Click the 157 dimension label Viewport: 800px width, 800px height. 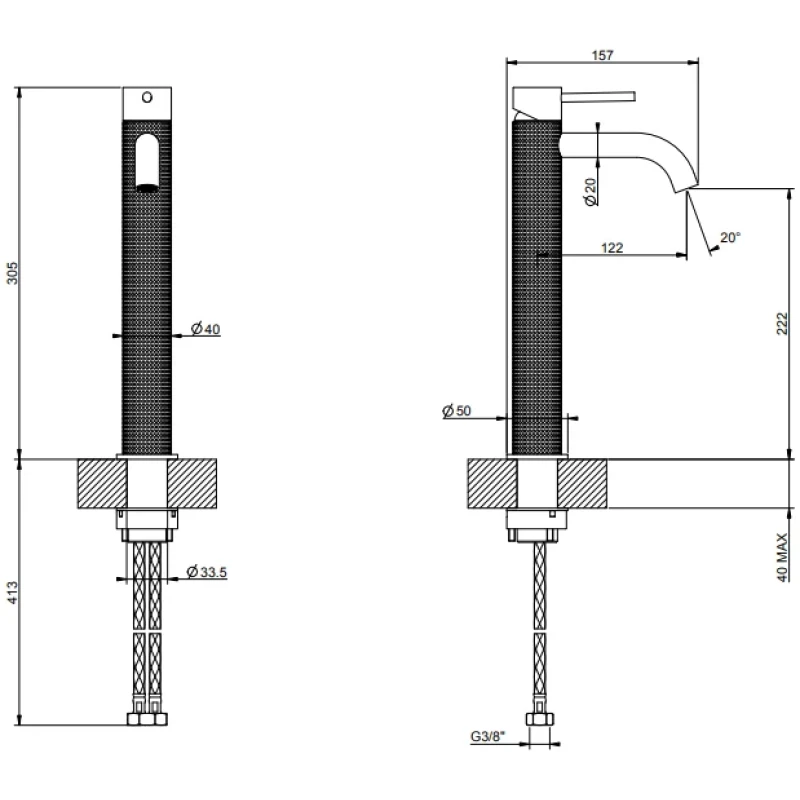point(602,55)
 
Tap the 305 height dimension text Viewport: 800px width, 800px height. point(12,273)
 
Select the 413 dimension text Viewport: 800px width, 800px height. point(12,592)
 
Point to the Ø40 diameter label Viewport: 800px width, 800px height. point(206,329)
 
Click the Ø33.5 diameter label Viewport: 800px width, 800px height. point(207,572)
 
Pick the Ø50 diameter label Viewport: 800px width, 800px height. point(457,410)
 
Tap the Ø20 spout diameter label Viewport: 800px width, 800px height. point(590,192)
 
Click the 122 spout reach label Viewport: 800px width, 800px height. point(612,247)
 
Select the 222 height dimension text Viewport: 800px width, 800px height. point(782,323)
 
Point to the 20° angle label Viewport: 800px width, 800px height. point(730,237)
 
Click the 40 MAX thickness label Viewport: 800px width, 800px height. point(782,557)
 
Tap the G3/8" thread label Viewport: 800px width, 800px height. point(487,736)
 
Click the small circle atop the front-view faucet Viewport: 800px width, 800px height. point(147,97)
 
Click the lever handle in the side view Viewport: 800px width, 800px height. point(598,97)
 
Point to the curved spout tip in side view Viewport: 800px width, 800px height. point(686,187)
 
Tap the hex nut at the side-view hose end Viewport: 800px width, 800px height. point(539,719)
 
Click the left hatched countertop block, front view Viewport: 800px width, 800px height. point(102,484)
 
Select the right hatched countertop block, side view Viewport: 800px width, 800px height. point(582,484)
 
